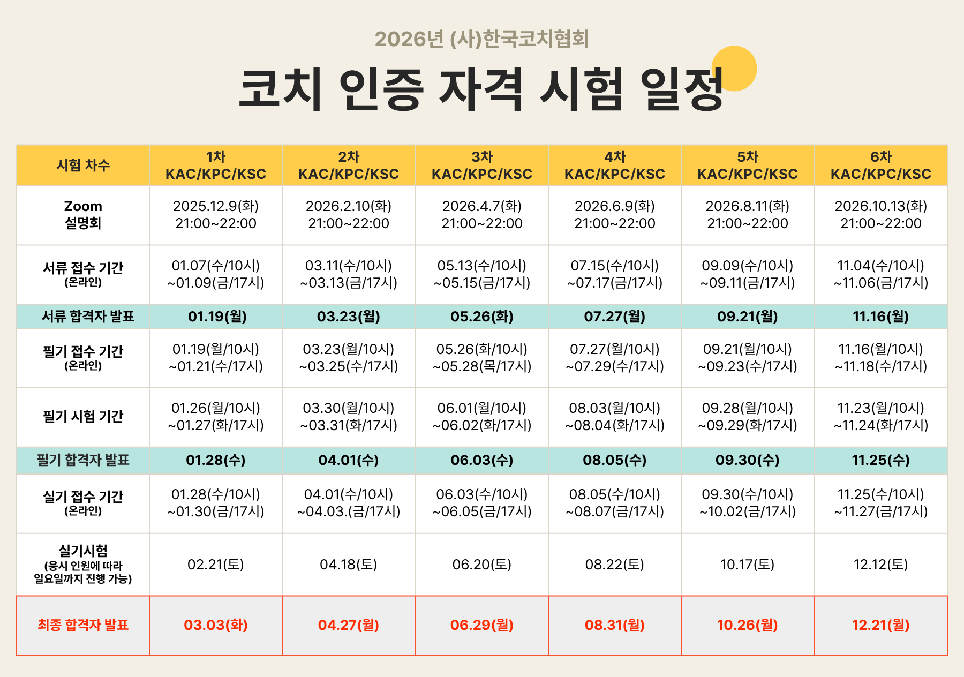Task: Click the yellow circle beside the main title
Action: [734, 68]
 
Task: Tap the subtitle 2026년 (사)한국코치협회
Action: [481, 39]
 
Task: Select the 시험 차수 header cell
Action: [83, 165]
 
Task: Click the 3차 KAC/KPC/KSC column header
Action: [482, 166]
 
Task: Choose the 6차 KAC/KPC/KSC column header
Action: [880, 166]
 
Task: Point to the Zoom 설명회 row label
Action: [83, 215]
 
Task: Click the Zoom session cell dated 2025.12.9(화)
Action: [216, 215]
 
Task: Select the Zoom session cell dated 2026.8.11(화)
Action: [748, 215]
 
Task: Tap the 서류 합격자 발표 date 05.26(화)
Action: [482, 317]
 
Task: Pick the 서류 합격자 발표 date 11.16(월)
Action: [880, 317]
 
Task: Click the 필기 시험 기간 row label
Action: [83, 417]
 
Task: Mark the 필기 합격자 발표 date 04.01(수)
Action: [349, 460]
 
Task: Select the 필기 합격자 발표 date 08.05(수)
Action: [615, 460]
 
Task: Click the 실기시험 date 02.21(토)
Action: [216, 565]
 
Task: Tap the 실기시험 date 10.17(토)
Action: [748, 565]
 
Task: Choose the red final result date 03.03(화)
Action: [216, 625]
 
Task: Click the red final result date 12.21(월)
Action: [880, 625]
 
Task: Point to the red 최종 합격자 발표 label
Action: [83, 625]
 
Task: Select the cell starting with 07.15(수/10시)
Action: [615, 274]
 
